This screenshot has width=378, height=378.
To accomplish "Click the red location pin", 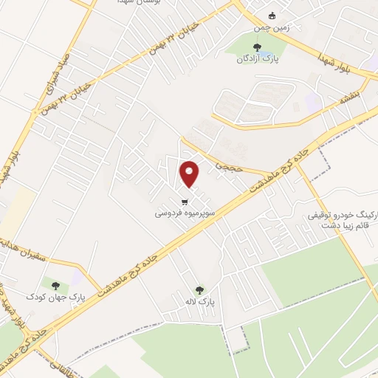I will [x=190, y=173].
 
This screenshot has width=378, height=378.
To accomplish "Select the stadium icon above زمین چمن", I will [x=272, y=16].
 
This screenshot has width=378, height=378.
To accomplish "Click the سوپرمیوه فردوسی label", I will [x=185, y=212].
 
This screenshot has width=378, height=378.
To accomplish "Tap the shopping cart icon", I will [x=185, y=201].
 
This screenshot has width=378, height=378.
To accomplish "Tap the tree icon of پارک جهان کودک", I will [x=54, y=283].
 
